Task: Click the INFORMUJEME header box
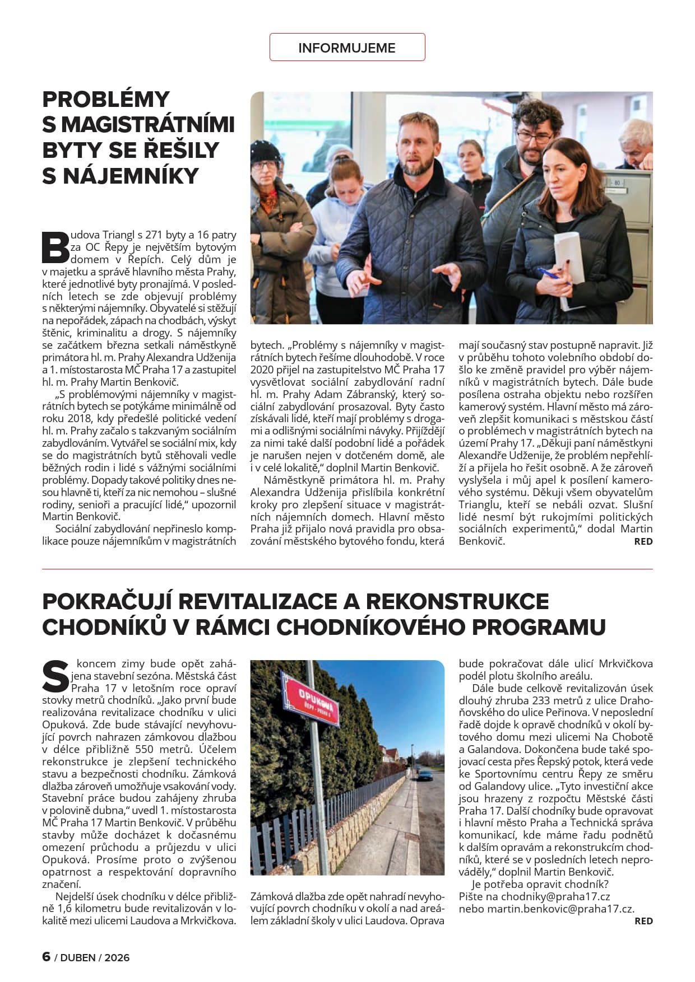347,48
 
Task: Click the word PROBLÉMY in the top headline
106,100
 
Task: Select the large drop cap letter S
55,676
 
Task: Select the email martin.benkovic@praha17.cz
560,909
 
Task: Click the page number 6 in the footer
47,957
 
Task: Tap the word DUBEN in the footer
78,957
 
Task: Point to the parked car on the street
425,775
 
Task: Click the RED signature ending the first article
643,541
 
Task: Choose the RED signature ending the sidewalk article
643,921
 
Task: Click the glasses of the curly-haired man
534,135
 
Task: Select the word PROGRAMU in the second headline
539,627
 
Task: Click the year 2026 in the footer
117,957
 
